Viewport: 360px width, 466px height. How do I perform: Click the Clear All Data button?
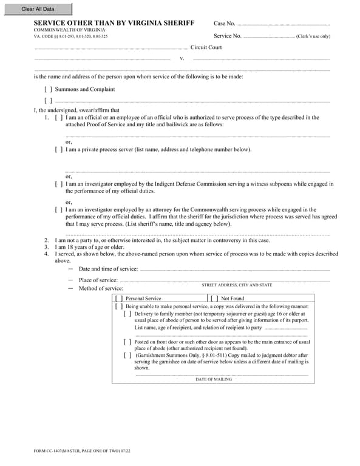pos(38,9)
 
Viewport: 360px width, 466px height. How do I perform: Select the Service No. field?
pos(268,36)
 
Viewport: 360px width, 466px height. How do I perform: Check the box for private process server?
pos(59,149)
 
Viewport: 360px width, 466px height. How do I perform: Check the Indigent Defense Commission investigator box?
pos(59,184)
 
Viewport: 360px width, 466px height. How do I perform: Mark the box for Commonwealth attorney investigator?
pos(59,210)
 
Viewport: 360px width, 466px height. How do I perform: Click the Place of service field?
pos(225,280)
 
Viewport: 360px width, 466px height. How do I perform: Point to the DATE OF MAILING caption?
pos(213,379)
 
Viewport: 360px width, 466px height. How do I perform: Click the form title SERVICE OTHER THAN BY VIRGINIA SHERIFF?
pos(114,23)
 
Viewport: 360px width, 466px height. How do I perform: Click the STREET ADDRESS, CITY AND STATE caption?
pos(237,285)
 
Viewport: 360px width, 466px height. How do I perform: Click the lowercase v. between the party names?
pos(182,59)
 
